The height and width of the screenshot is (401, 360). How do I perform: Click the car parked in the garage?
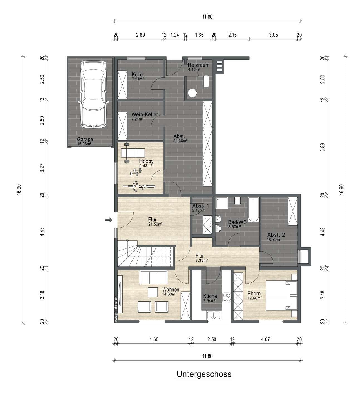93,95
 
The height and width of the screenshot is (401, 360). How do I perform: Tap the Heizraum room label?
199,65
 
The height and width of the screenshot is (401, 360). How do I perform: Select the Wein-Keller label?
145,114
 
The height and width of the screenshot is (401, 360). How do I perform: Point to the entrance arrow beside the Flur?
109,219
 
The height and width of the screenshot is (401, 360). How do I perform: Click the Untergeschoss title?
204,374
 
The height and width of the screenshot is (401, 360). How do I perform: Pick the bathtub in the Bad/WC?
254,209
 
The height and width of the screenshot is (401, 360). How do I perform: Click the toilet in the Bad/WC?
237,201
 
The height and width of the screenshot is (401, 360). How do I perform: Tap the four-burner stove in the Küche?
227,297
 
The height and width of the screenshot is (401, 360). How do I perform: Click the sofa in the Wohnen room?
153,277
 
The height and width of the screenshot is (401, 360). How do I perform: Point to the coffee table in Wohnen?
153,292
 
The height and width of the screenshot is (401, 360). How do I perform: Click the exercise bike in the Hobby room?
139,186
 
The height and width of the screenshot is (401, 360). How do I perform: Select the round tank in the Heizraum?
192,93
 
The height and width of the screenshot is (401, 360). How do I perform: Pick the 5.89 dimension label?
323,147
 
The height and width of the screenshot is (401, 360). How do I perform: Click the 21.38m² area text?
180,141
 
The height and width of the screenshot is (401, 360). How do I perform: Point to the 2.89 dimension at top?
140,35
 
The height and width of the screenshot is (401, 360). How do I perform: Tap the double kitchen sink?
214,315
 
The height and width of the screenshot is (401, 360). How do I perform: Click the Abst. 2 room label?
276,235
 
